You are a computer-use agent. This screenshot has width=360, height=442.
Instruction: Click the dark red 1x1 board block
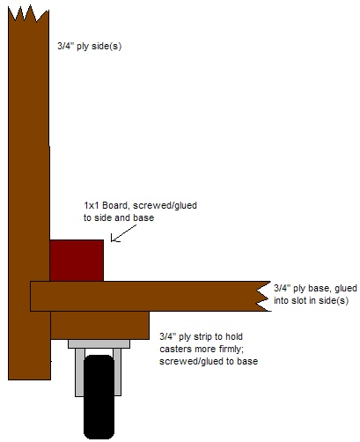pyautogui.click(x=77, y=261)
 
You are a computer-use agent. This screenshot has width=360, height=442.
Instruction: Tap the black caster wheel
pyautogui.click(x=99, y=397)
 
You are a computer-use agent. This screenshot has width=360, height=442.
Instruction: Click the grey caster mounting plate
pyautogui.click(x=99, y=344)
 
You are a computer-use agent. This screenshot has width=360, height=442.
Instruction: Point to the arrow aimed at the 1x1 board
pyautogui.click(x=123, y=233)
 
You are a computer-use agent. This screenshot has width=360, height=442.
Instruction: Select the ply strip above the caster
pyautogui.click(x=99, y=325)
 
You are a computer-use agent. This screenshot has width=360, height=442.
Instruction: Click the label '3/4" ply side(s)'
pyautogui.click(x=89, y=47)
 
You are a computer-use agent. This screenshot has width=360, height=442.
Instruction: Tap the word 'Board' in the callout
pyautogui.click(x=116, y=205)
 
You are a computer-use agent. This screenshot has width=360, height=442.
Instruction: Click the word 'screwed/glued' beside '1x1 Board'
pyautogui.click(x=165, y=205)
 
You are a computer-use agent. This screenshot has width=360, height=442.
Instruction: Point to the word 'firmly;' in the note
pyautogui.click(x=231, y=349)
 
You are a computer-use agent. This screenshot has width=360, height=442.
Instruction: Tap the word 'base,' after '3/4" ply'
pyautogui.click(x=319, y=289)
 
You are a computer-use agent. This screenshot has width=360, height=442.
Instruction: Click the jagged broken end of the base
pyautogui.click(x=263, y=296)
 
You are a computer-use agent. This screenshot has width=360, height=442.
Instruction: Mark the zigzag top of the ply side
pyautogui.click(x=28, y=14)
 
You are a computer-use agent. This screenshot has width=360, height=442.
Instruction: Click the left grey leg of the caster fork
pyautogui.click(x=79, y=372)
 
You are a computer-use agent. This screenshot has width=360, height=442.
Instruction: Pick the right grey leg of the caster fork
pyautogui.click(x=117, y=372)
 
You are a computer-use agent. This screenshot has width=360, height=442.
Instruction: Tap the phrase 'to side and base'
pyautogui.click(x=119, y=217)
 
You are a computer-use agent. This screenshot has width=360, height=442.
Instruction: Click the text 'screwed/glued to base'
pyautogui.click(x=209, y=361)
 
